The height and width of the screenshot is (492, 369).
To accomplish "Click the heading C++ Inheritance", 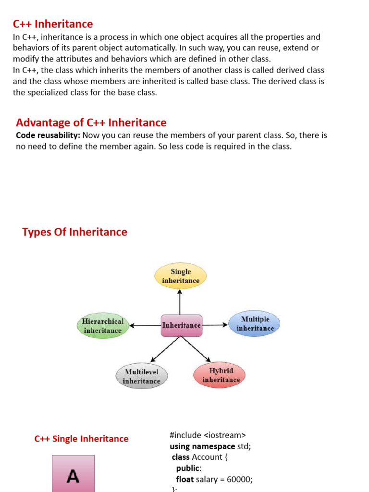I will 53,24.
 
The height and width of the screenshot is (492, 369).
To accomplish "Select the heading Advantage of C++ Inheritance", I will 91,123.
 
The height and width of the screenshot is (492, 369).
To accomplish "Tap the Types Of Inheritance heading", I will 74,232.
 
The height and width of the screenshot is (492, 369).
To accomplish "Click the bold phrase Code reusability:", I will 48,135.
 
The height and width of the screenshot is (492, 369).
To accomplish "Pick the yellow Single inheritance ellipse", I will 181,276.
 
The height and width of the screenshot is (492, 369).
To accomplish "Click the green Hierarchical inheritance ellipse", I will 103,326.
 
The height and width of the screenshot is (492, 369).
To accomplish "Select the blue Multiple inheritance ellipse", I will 255,324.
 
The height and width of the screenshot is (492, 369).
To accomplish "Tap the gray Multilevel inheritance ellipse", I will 141,376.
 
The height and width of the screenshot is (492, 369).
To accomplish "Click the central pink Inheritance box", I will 181,325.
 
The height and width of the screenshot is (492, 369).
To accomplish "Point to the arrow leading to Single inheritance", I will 180,302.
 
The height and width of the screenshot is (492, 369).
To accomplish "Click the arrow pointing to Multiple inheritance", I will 215,325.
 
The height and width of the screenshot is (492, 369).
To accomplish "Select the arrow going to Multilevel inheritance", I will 165,349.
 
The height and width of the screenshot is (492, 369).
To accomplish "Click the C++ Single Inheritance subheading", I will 82,439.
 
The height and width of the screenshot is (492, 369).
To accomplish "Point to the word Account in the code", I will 207,457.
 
